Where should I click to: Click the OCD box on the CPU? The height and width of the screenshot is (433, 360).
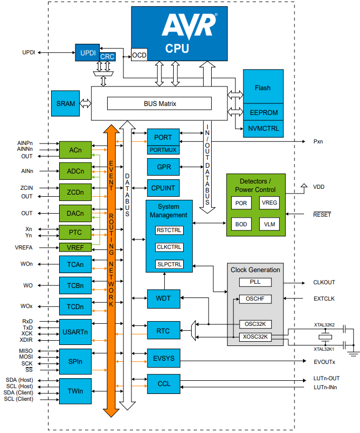139,55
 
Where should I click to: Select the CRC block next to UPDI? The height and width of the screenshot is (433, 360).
107,57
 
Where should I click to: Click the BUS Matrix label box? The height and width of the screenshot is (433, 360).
159,104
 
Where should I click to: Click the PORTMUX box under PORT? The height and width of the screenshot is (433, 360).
163,150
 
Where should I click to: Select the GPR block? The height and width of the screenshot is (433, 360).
163,167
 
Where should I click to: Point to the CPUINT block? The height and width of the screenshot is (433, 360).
163,188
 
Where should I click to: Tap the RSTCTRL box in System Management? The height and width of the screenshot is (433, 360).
169,230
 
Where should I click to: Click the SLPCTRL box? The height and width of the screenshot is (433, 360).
169,264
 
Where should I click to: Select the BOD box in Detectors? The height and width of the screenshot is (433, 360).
241,224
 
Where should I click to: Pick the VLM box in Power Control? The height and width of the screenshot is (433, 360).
269,224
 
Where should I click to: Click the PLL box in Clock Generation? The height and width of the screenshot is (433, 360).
255,282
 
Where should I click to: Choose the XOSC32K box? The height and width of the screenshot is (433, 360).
255,337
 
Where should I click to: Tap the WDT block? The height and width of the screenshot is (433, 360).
163,299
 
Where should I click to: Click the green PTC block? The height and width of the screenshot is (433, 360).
75,232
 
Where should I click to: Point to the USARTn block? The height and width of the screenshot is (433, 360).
75,332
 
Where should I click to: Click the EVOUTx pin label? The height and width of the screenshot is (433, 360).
324,361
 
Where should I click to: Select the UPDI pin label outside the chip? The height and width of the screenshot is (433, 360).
29,53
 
